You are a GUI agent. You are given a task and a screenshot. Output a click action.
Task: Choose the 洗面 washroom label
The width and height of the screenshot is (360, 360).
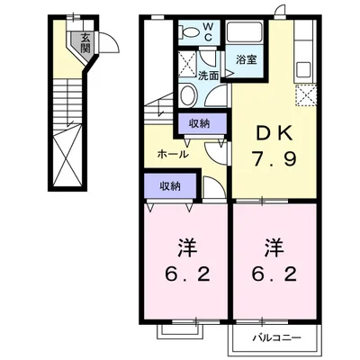pos(208,76)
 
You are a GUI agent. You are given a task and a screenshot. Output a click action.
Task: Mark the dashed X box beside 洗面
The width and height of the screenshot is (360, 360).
pos(190,64)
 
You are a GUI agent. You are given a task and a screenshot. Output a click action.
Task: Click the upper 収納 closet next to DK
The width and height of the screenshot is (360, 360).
pos(200,125)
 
